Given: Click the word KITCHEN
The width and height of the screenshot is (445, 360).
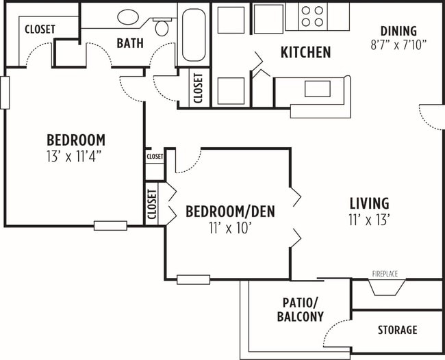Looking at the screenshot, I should pos(305,52).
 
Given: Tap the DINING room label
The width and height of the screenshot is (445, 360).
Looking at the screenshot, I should pos(398,30).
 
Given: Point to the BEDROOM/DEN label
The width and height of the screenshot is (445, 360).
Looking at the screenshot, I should pos(230,211).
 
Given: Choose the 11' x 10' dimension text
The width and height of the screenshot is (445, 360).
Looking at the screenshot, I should pos(230,228).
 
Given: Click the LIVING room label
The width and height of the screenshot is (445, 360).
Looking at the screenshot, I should pos(369,203).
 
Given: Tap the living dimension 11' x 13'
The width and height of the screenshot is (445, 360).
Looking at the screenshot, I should pos(369,220).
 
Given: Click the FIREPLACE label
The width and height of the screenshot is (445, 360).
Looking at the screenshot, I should pos(385,274).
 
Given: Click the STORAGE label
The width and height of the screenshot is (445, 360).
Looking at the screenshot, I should pos(397,330).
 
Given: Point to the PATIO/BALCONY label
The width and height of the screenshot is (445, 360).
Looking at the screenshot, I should pos(300,309).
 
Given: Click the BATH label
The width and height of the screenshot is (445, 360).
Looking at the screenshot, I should pos(129,43).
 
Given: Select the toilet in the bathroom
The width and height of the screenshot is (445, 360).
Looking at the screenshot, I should pos(162,27).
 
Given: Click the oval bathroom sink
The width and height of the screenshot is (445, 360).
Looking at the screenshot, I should pos(128,17).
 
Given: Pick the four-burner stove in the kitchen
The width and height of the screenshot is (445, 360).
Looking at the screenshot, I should pos(312,16).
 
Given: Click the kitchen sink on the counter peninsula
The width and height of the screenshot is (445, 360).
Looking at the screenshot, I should pos(317,89).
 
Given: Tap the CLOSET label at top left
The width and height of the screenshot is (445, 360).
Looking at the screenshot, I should pos(40,29).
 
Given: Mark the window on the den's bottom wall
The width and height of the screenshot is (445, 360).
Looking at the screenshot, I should pos(193,279).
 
